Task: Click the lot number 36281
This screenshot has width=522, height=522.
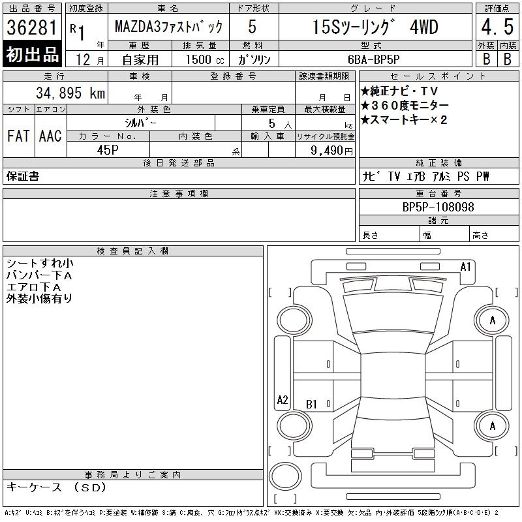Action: click(x=32, y=27)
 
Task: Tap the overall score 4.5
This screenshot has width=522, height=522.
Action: click(x=497, y=27)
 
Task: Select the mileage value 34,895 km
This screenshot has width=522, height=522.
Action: click(x=70, y=93)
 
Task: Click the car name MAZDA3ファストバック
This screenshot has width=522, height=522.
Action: click(x=168, y=27)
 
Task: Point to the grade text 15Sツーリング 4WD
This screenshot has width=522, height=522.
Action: click(x=375, y=27)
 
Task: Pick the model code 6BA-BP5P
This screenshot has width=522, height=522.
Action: click(x=373, y=59)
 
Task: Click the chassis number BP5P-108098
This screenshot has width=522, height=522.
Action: click(x=438, y=207)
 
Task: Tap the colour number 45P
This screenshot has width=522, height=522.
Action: click(x=108, y=150)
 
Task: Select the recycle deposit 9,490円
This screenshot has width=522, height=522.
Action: click(x=331, y=150)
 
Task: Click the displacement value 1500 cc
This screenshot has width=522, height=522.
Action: click(x=205, y=59)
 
